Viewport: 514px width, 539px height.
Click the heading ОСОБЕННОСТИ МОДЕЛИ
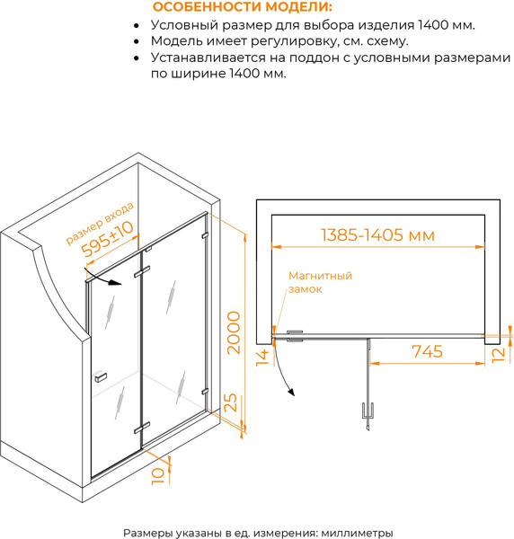point(243,7)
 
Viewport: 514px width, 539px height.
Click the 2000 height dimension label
point(234,332)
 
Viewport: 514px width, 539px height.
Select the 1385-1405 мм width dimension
point(377,235)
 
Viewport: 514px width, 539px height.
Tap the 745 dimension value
point(427,351)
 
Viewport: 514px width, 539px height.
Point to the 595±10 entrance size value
point(107,239)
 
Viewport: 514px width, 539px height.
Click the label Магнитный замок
point(321,282)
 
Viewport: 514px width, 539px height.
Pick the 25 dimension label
point(230,402)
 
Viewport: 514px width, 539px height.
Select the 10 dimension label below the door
point(158,476)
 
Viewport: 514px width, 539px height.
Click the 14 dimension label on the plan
point(262,358)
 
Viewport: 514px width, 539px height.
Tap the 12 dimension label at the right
point(498,355)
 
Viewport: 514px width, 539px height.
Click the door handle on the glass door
point(100,376)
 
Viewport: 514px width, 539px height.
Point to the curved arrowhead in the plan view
point(291,393)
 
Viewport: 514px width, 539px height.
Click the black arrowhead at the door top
point(115,283)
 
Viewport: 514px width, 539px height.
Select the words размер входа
point(100,224)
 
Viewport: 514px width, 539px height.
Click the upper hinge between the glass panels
point(142,271)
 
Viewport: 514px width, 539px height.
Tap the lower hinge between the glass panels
point(142,428)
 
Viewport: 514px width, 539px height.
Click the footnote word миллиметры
point(357,533)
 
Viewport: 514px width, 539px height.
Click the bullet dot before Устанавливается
point(137,57)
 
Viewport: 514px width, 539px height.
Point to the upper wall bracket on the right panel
point(205,235)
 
